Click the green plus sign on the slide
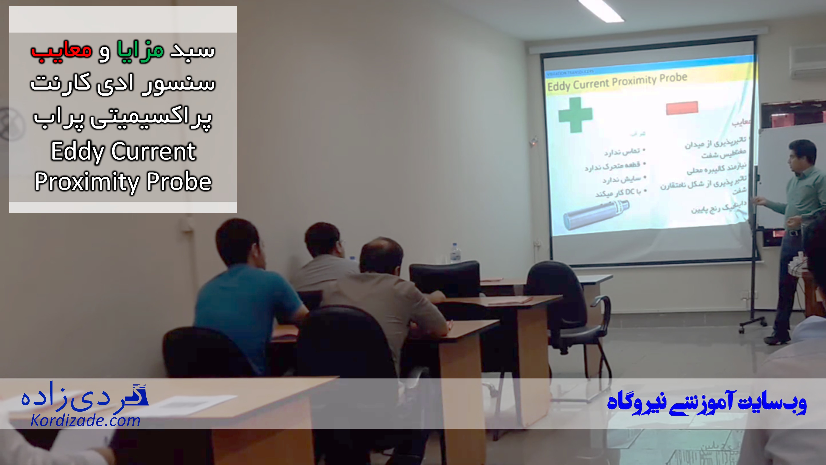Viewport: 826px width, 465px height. [575, 115]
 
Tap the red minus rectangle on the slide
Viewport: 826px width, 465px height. [682, 108]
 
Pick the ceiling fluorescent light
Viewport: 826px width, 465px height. [601, 10]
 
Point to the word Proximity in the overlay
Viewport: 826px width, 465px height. [86, 182]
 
